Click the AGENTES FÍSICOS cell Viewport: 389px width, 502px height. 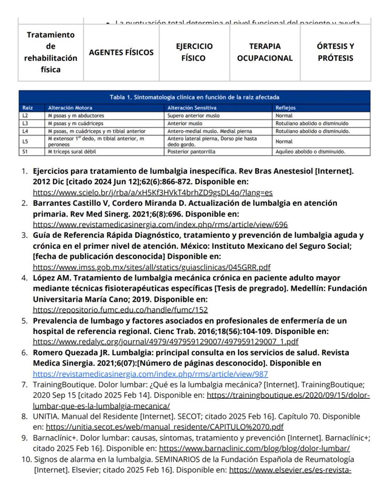tap(121, 53)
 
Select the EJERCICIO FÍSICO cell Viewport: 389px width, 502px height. tap(194, 53)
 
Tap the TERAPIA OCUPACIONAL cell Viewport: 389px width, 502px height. tap(265, 53)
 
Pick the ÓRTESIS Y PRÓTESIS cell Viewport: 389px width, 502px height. tap(335, 53)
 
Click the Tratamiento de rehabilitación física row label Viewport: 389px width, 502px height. tap(51, 53)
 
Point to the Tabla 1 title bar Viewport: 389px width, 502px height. tap(194, 97)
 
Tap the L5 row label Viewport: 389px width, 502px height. tap(25, 141)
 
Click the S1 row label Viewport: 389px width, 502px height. tap(25, 152)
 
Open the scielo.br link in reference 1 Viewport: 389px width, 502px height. tap(153, 192)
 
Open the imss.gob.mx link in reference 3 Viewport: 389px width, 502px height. tap(151, 267)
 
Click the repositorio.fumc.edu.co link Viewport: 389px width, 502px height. tap(120, 310)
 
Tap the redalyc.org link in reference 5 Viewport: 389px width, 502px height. tap(165, 342)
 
